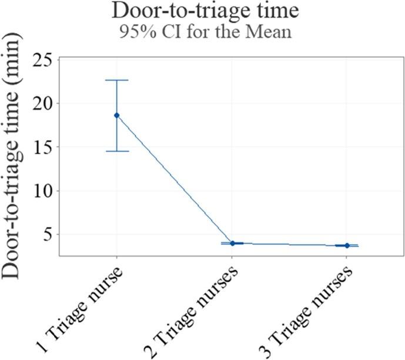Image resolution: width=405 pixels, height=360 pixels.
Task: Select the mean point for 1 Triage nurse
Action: pos(116,115)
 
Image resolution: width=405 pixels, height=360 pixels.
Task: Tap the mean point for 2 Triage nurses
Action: pos(232,243)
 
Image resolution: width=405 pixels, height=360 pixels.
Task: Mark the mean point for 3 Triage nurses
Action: pos(347,245)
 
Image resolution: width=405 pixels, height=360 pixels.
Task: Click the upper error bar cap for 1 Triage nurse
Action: pos(116,80)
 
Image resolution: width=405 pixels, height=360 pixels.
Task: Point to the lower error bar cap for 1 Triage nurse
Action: pos(116,151)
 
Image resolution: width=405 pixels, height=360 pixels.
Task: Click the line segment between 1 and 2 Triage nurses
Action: pos(174,179)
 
